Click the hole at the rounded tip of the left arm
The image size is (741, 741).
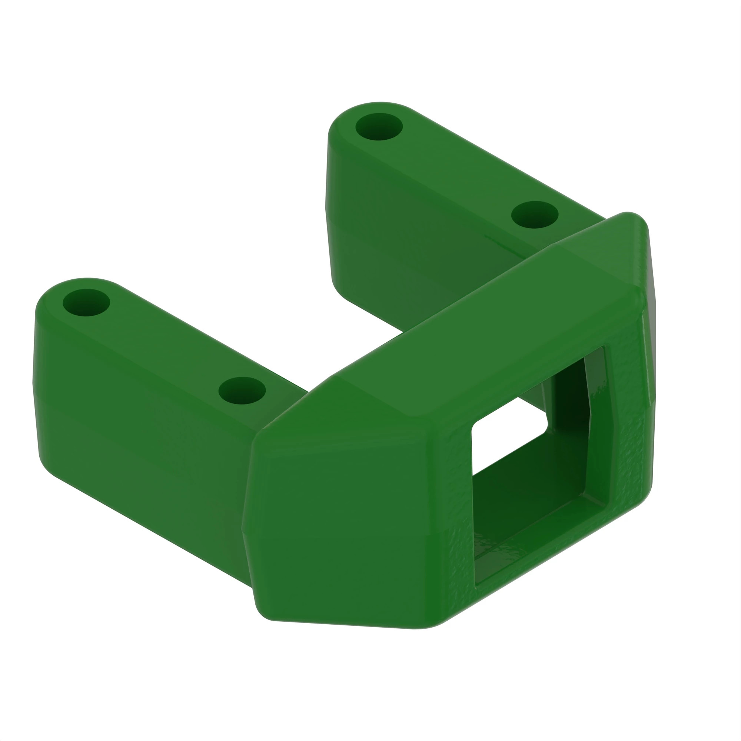pos(86,303)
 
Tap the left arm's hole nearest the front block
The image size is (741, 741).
pos(242,391)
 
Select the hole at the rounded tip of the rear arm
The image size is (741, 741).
pos(379,127)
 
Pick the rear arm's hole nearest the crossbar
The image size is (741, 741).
pos(535,215)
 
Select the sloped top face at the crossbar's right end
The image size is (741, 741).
pos(606,253)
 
